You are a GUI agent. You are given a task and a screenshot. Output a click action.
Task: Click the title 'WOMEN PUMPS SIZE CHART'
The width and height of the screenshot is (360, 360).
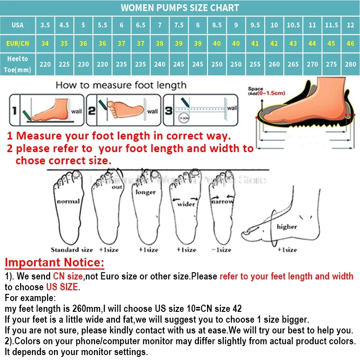click(180, 8)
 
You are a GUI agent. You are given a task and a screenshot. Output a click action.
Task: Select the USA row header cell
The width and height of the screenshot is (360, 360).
click(18, 25)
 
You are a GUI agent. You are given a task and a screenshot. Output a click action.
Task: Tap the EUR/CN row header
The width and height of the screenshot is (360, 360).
click(18, 44)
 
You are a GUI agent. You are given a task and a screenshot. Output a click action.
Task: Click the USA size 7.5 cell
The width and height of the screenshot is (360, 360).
click(179, 25)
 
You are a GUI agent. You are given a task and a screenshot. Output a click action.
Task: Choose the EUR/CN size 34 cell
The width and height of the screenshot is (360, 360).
click(45, 44)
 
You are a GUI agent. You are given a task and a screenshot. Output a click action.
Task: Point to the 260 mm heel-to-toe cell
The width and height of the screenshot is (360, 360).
click(274, 64)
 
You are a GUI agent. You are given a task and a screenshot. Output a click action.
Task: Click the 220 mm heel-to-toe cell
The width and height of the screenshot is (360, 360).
click(45, 64)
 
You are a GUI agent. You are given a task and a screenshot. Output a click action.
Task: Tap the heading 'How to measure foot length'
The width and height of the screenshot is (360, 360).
click(121, 85)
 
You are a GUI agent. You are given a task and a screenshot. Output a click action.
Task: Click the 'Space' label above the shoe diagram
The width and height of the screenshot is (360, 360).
click(255, 89)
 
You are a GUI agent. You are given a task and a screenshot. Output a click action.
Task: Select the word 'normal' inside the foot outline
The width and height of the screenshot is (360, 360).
click(68, 201)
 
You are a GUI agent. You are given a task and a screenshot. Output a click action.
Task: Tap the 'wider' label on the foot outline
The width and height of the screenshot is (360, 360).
click(186, 204)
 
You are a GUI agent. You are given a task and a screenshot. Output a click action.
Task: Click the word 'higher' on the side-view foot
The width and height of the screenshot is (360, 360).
click(286, 226)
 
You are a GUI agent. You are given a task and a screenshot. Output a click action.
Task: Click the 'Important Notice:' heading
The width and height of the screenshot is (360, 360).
click(54, 263)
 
